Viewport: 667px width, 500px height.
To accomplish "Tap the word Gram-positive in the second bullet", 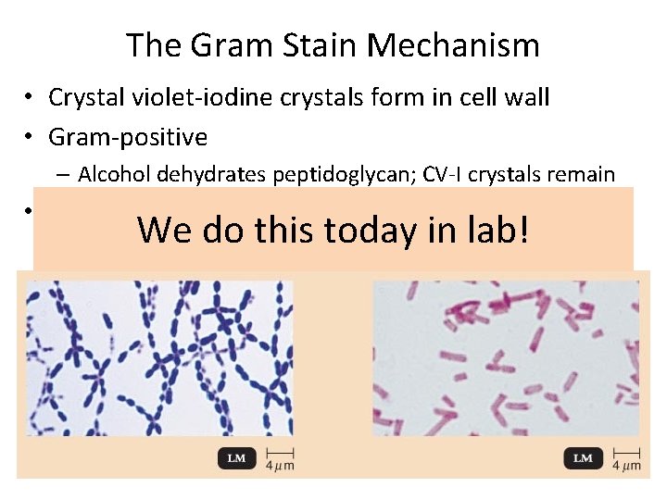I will point(128,137).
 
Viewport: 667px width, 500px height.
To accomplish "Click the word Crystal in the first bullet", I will point(82,97).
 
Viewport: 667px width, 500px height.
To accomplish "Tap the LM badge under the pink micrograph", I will point(583,458).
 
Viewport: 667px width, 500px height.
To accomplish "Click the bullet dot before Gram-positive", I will point(31,137).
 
